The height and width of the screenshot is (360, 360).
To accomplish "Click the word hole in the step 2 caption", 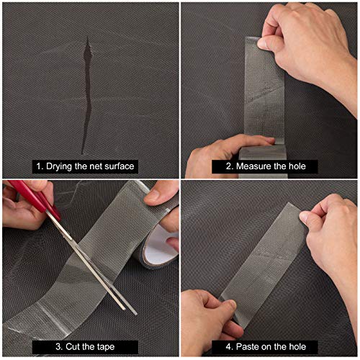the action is click(297, 166).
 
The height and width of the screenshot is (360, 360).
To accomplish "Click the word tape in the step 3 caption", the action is click(106, 347).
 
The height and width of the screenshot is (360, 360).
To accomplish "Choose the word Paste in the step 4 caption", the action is click(246, 346).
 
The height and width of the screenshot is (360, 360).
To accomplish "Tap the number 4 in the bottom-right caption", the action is click(228, 346).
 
